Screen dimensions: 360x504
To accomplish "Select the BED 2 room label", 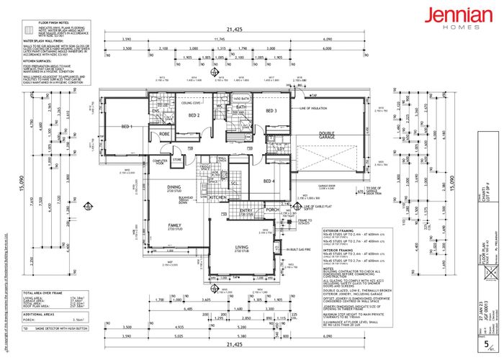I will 194,115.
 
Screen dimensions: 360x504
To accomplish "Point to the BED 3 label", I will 271,111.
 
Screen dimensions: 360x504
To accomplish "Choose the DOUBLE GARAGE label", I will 331,135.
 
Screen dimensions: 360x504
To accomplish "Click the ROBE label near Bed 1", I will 164,134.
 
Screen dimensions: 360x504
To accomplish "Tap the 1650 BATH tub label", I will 240,97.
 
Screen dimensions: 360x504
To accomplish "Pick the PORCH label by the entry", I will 272,211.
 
